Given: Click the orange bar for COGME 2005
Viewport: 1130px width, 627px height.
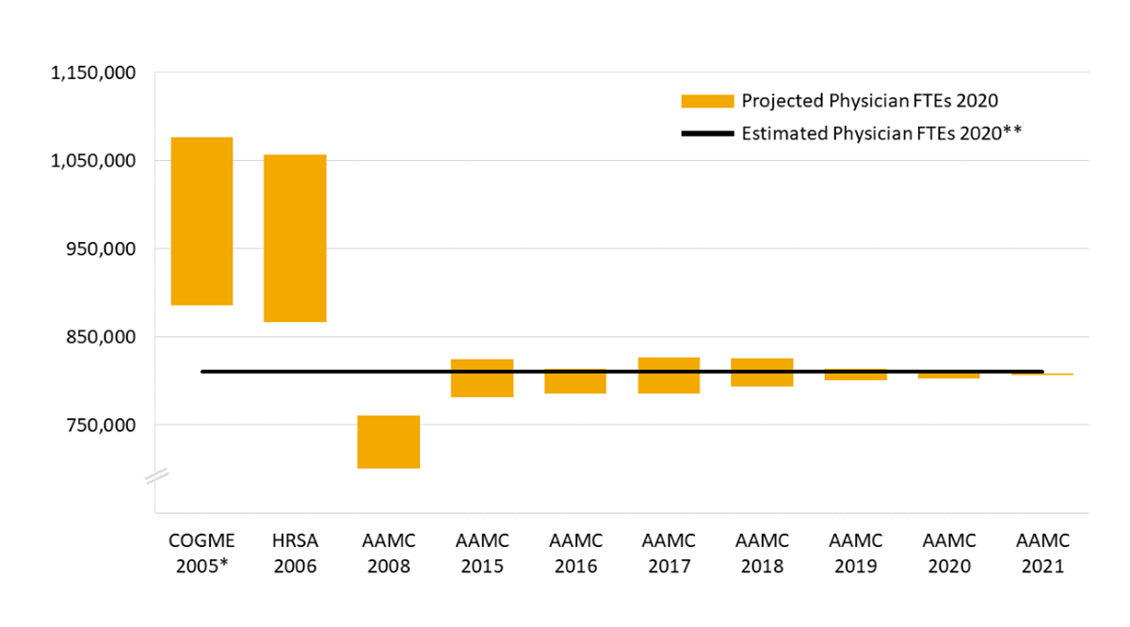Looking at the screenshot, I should click(201, 221).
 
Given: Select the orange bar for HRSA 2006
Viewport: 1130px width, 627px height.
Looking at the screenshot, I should click(295, 238).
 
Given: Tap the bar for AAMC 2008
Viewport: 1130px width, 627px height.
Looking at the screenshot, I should click(388, 442).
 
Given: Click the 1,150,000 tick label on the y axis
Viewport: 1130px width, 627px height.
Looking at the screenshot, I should click(92, 72).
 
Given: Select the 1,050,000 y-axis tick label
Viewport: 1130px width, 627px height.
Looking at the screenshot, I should click(92, 161).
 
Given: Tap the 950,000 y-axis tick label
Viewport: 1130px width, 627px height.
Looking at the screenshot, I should click(99, 249).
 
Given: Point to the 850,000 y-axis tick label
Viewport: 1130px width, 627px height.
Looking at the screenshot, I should click(99, 337).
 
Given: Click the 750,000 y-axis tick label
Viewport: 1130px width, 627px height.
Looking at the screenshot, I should click(99, 425).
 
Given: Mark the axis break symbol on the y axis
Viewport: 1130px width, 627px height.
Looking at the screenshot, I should click(155, 477).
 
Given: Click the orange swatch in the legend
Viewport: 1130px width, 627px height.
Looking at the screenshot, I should click(706, 101).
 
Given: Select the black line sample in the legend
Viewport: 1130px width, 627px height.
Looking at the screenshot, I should click(706, 134).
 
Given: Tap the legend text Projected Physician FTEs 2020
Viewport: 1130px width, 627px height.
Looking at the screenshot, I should click(869, 101).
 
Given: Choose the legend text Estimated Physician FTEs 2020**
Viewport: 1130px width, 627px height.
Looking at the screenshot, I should click(881, 134).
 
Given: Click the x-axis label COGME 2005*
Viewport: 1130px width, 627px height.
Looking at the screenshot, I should click(202, 554).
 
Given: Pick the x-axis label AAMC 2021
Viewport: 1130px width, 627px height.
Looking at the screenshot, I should click(1042, 554).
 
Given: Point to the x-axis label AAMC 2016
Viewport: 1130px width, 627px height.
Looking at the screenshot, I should click(575, 554).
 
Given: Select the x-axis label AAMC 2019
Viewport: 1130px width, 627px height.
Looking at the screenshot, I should click(856, 554).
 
